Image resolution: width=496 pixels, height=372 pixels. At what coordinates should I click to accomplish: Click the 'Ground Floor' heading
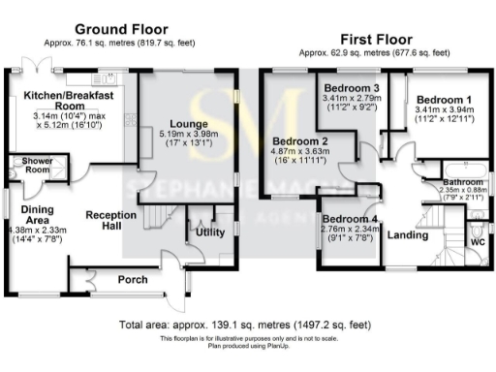[120, 29]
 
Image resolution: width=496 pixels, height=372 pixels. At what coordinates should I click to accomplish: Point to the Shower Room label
[23, 165]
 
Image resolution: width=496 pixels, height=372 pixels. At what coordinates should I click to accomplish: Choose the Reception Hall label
[109, 219]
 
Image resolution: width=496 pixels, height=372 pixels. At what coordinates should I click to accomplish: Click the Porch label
[132, 280]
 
